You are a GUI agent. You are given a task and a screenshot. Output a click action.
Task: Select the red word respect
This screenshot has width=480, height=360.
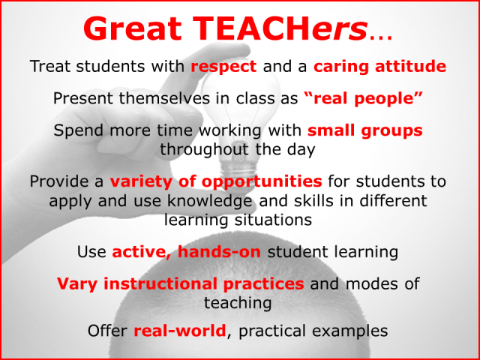tap(224, 66)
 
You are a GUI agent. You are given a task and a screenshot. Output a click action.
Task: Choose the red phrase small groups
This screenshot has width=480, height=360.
tap(365, 130)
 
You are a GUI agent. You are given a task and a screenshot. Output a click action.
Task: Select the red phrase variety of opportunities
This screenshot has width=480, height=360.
tap(216, 181)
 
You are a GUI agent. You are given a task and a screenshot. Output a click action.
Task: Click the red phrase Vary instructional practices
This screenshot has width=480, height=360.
tap(181, 284)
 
